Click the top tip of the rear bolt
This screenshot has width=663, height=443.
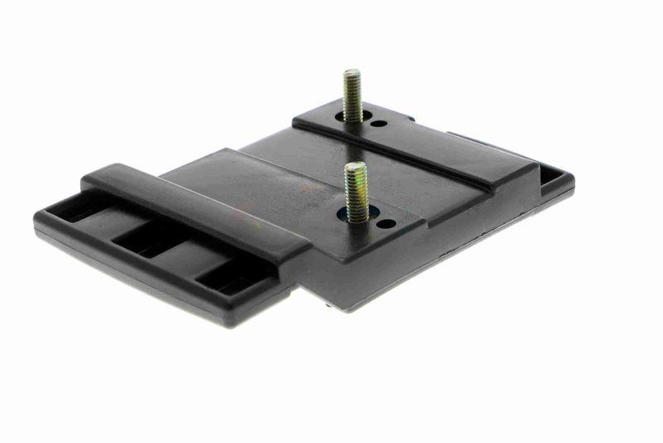(351, 73)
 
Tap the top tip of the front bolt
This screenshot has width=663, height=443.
(356, 165)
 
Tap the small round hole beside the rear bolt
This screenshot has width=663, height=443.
(377, 124)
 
